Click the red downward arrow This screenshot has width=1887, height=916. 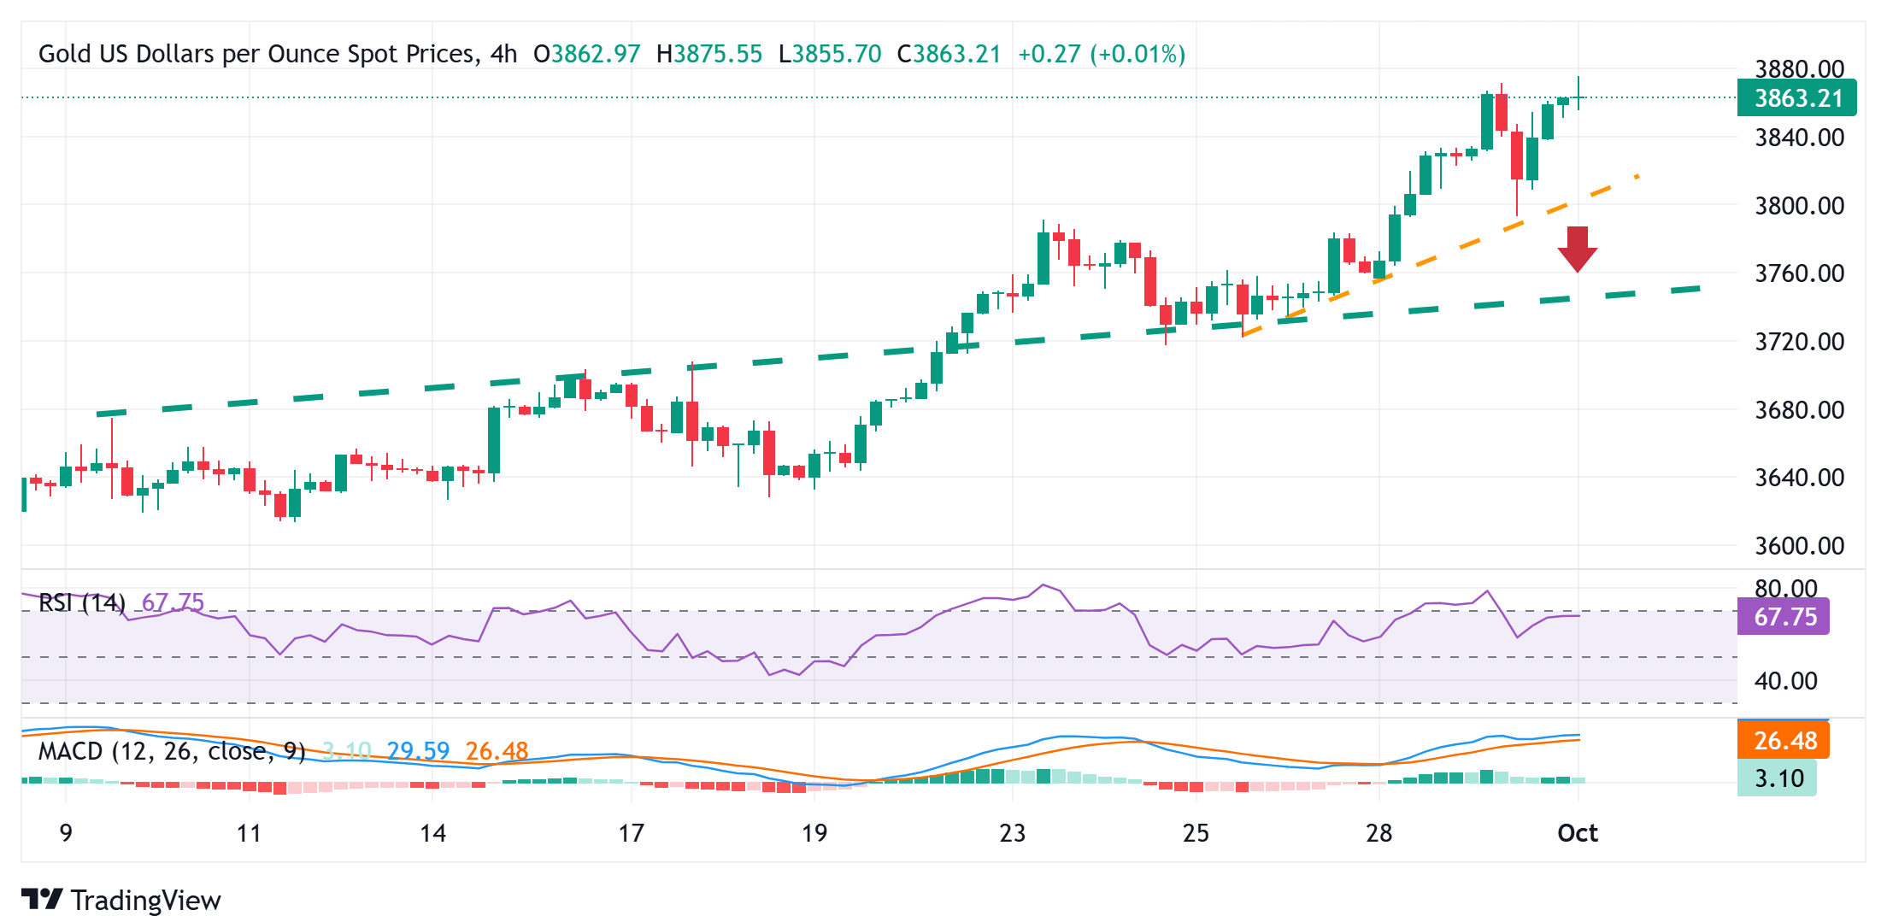click(1577, 249)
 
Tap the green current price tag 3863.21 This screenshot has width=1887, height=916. click(1796, 98)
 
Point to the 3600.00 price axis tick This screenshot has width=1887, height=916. click(1799, 545)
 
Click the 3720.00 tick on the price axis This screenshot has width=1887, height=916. click(1799, 342)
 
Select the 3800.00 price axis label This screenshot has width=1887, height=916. click(1799, 205)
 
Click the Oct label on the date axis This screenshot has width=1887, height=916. click(1577, 833)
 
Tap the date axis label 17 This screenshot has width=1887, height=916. click(631, 833)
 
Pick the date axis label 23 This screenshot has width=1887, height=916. click(1012, 833)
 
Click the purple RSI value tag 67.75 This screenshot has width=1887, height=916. click(1784, 616)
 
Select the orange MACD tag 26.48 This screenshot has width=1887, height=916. click(1784, 740)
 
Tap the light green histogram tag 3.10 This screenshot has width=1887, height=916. click(1778, 778)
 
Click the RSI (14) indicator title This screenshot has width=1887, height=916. click(82, 602)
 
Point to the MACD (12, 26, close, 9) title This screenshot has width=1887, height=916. click(171, 751)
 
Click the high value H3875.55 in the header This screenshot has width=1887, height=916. click(708, 54)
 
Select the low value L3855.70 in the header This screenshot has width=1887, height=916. click(829, 54)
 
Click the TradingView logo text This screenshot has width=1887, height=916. click(145, 900)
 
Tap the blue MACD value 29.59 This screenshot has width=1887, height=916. click(417, 751)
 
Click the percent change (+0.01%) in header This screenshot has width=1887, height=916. click(1137, 54)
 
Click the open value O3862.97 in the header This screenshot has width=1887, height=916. click(586, 54)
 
